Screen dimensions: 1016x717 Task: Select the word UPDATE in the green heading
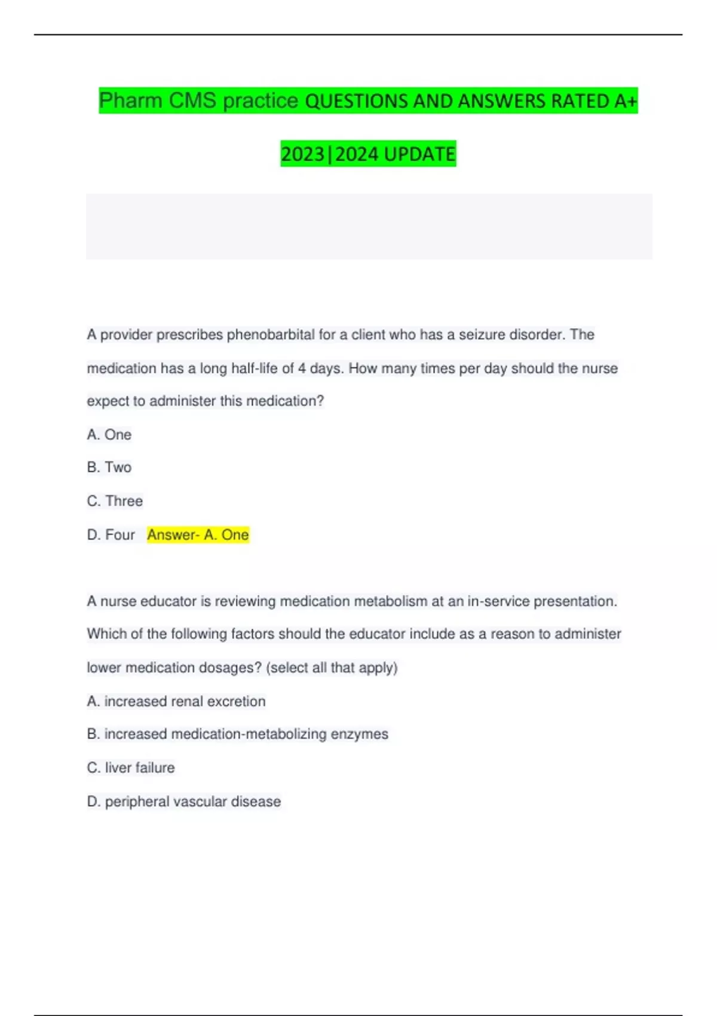pyautogui.click(x=419, y=154)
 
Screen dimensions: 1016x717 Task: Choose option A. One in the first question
pyautogui.click(x=109, y=434)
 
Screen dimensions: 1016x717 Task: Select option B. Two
pyautogui.click(x=109, y=467)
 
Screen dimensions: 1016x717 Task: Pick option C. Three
pyautogui.click(x=115, y=501)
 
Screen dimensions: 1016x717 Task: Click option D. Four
pyautogui.click(x=111, y=534)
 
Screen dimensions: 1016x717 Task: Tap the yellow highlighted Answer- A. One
pyautogui.click(x=198, y=534)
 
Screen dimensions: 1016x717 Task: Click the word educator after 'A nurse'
pyautogui.click(x=168, y=601)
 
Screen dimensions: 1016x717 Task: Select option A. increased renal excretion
pyautogui.click(x=176, y=701)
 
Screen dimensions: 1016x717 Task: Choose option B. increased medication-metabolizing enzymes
pyautogui.click(x=237, y=734)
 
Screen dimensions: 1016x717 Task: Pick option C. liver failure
pyautogui.click(x=131, y=767)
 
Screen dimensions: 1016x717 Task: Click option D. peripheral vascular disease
pyautogui.click(x=184, y=801)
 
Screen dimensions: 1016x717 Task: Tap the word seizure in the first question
pyautogui.click(x=482, y=335)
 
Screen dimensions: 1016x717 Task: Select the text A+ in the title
pyautogui.click(x=626, y=101)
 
